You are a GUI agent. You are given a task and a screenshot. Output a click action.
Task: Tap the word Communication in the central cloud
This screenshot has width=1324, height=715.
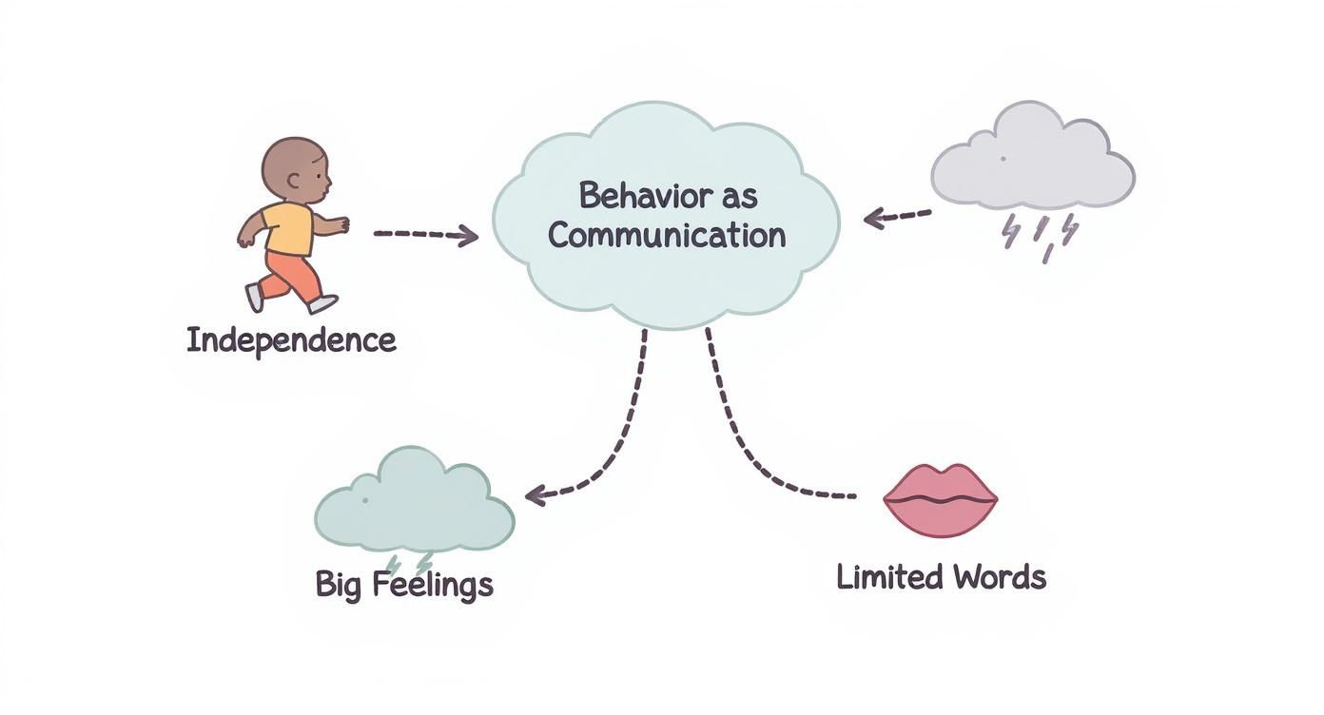point(667,234)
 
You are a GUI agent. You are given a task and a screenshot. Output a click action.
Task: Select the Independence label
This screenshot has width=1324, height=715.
point(291,339)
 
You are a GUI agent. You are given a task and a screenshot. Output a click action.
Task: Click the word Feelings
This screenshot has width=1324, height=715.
point(433,584)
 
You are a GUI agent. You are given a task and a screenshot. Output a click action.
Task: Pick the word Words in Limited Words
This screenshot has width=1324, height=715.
point(999,576)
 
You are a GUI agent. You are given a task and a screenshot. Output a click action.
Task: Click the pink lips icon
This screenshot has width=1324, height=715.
point(940,499)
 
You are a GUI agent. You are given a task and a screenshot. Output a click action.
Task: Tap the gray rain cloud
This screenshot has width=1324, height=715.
point(1033,160)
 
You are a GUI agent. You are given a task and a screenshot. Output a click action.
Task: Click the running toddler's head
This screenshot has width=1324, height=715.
point(297,169)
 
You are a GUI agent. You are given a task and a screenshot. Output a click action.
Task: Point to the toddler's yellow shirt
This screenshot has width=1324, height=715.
point(288,228)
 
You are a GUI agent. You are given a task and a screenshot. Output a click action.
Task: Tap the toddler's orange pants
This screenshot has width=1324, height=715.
point(290,275)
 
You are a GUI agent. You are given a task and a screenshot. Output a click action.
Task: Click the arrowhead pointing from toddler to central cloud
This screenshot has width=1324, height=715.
point(469,235)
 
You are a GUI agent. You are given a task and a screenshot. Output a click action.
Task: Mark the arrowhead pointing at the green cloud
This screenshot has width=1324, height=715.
point(535,494)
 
